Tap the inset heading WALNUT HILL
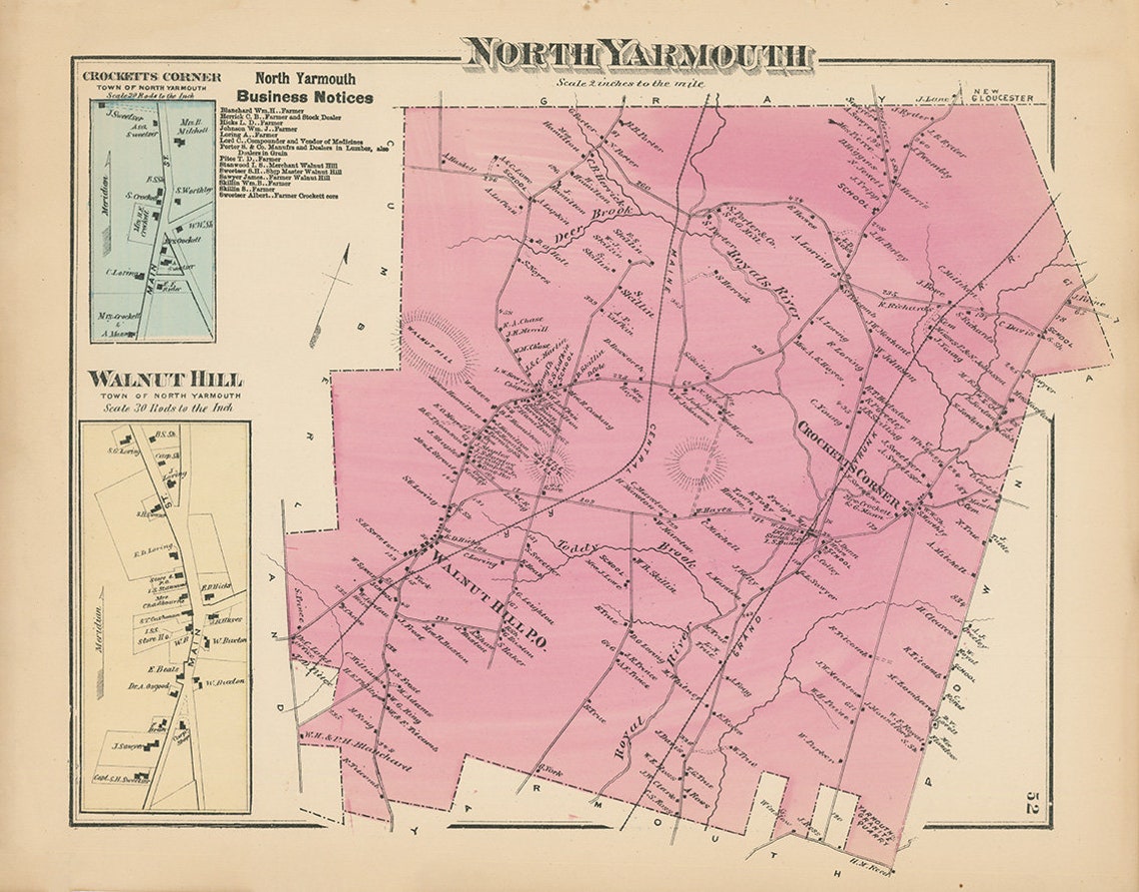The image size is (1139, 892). pyautogui.click(x=164, y=380)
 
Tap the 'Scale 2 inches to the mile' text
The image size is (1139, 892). pyautogui.click(x=631, y=84)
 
